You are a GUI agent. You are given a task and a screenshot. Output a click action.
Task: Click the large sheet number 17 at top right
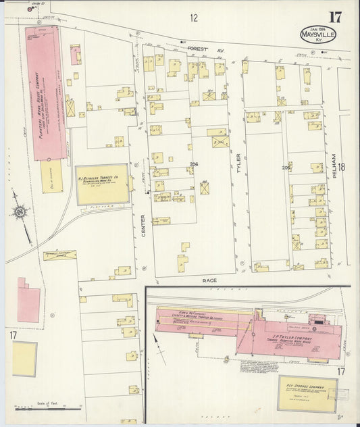[x=334, y=18]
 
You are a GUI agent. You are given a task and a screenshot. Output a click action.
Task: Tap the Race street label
[x=208, y=278]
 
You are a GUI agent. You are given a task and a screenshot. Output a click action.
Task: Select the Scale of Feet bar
[x=47, y=408]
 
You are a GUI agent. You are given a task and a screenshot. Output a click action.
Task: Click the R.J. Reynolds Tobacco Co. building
[x=102, y=184]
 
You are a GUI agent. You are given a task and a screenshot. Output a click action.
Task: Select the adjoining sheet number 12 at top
[x=194, y=18]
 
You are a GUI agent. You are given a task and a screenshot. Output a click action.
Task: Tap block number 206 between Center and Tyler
[x=194, y=164]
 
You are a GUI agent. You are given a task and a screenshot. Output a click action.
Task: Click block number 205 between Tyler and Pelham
[x=286, y=167]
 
